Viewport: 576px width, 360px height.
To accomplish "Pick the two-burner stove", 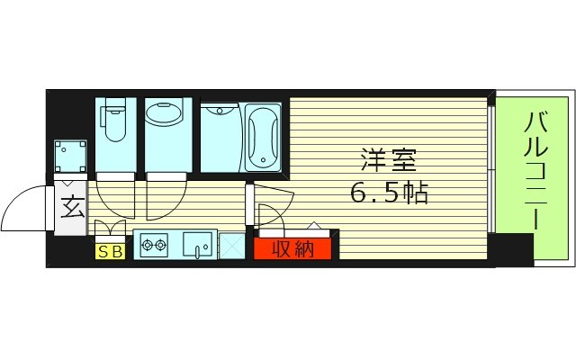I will click(154, 244).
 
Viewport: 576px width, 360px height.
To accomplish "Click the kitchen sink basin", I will click(198, 244).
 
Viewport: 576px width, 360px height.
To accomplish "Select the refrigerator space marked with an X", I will click(231, 246).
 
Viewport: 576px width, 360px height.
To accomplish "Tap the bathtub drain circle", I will click(263, 163).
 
